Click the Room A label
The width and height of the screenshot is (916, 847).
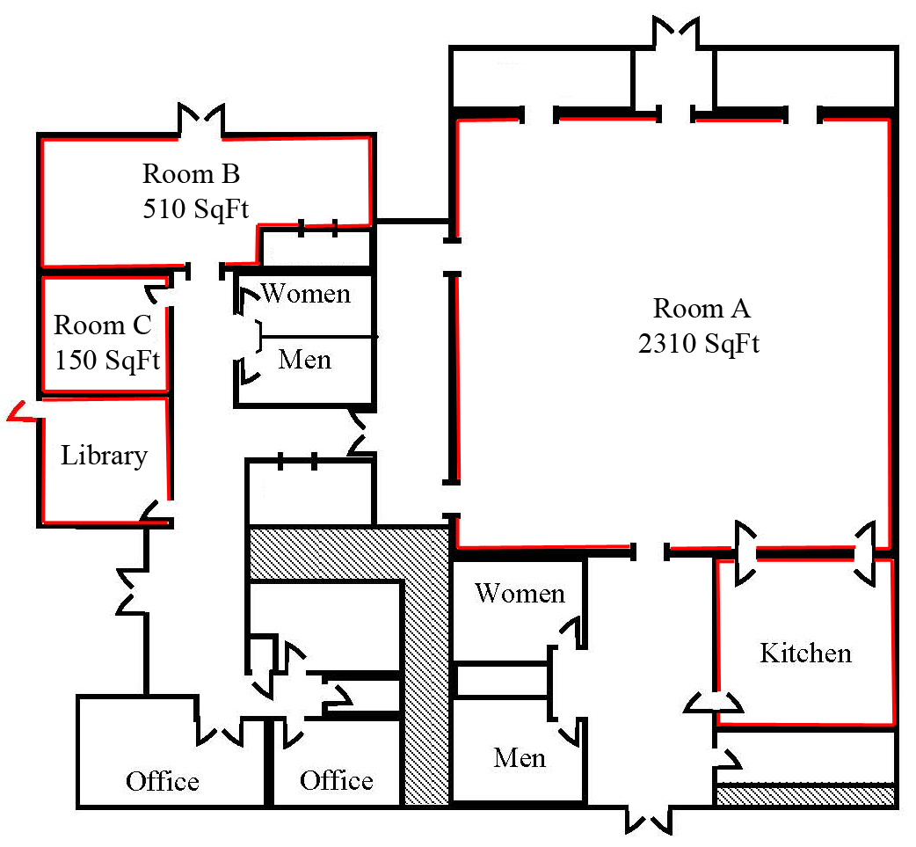point(702,309)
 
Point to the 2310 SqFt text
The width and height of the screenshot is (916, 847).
point(699,343)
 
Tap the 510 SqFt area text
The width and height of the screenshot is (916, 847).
point(195,209)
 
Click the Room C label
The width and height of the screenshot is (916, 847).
point(102,325)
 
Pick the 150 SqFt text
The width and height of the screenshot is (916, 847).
point(105,360)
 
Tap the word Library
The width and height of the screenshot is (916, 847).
point(103,456)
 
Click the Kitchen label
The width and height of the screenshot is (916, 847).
point(804,654)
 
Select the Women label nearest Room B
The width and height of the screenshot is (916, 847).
point(305,293)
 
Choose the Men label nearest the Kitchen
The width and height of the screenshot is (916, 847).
point(519,757)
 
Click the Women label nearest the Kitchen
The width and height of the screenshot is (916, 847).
point(519,594)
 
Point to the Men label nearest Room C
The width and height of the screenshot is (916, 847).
point(304,360)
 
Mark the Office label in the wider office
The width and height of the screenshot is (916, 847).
point(162,781)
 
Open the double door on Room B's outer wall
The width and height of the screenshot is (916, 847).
point(202,121)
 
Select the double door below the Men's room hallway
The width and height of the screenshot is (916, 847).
point(651,818)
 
